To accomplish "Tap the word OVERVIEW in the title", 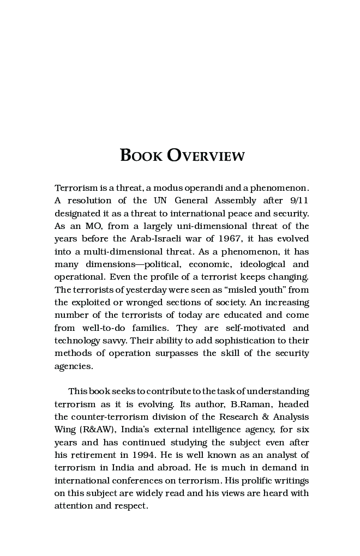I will click(x=206, y=155).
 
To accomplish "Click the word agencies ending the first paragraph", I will click(x=73, y=366).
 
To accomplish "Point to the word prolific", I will click(x=241, y=480).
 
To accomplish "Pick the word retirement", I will click(x=96, y=455).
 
